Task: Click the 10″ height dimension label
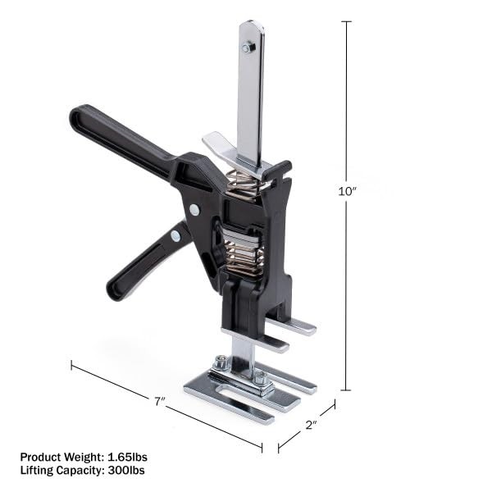(348, 190)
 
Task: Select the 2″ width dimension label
(312, 426)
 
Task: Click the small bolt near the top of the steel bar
(248, 48)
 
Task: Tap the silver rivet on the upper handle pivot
(194, 210)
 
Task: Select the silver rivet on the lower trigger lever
(175, 236)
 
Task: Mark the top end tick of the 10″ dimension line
(347, 22)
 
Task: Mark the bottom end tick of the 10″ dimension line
(347, 389)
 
